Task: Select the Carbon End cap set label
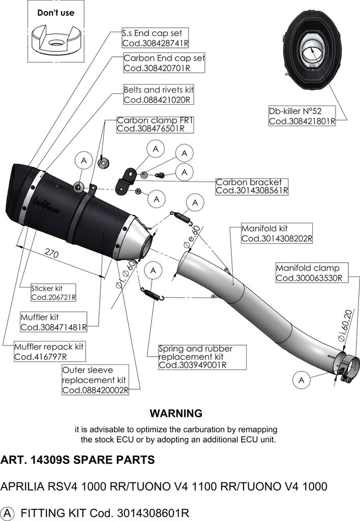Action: pyautogui.click(x=164, y=58)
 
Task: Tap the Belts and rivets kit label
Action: pyautogui.click(x=158, y=90)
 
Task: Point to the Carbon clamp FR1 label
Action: pyautogui.click(x=149, y=121)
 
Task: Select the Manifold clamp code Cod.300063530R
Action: pyautogui.click(x=309, y=278)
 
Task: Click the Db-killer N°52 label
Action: pyautogui.click(x=295, y=110)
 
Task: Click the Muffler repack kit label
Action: pyautogui.click(x=49, y=346)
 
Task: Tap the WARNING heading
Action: pyautogui.click(x=175, y=413)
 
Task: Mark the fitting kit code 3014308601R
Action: pyautogui.click(x=154, y=512)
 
